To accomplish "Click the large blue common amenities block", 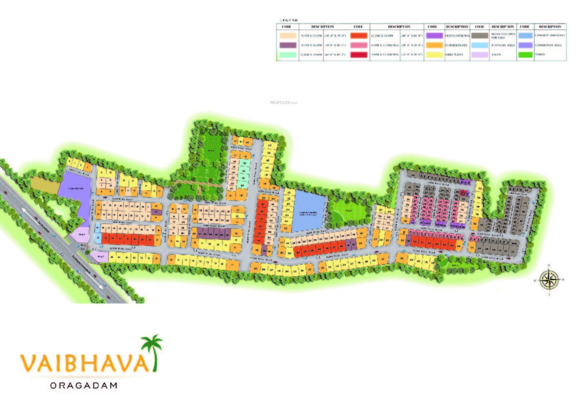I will click(x=309, y=210).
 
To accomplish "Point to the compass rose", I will click(x=549, y=279).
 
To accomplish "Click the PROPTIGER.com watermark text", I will click(x=284, y=102).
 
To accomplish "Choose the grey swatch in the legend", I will click(x=479, y=35).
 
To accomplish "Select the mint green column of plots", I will click(x=244, y=171).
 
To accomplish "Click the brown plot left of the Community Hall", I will click(x=45, y=184).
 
